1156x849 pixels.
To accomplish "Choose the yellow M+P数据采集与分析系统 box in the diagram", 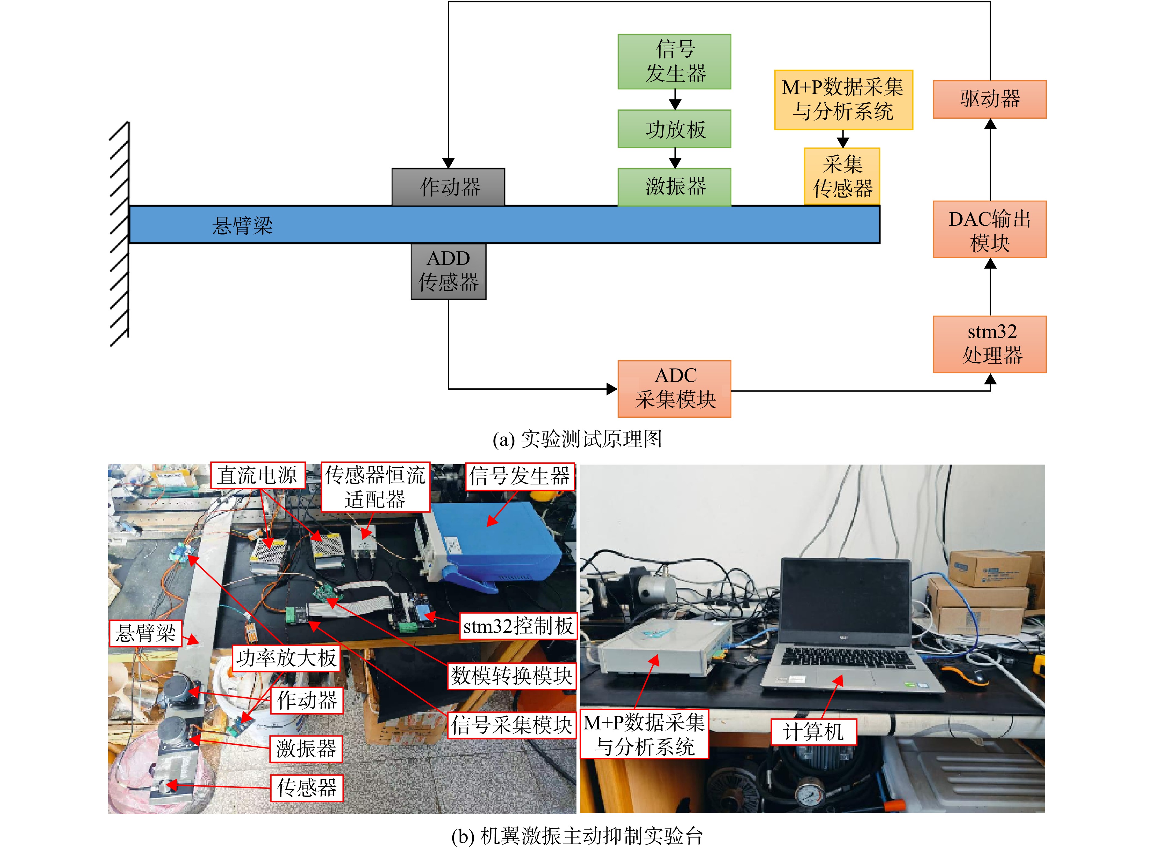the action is tap(843, 100).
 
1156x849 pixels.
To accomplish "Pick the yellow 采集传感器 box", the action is tap(842, 176).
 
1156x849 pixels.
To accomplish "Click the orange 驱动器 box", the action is tap(990, 99).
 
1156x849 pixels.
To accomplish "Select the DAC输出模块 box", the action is tap(990, 229).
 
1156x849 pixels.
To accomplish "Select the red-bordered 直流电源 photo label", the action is tap(258, 475).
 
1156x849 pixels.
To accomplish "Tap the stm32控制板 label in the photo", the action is tap(518, 626).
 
